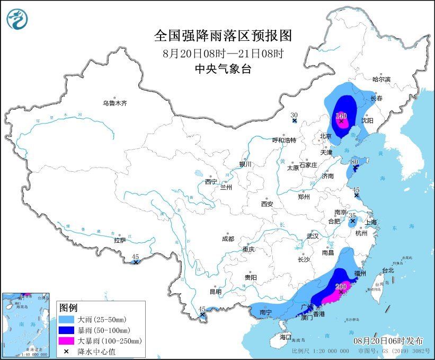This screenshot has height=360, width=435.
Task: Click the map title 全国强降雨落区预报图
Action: (x=223, y=36)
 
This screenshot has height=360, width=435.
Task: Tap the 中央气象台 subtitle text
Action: (x=223, y=68)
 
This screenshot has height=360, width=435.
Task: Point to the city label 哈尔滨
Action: (x=381, y=79)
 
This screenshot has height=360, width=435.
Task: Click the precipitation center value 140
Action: (x=341, y=115)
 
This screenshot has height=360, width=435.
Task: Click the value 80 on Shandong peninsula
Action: (x=356, y=162)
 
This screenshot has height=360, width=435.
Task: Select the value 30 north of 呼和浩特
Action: (x=294, y=115)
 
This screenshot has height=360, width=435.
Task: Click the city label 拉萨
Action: (x=120, y=240)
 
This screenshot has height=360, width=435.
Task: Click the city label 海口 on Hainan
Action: (x=286, y=337)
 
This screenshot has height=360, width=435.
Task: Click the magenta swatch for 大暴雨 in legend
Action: (x=67, y=340)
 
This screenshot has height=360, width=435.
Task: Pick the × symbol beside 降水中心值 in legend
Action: (x=67, y=350)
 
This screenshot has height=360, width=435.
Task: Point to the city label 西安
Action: (x=267, y=204)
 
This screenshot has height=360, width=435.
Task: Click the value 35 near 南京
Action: (x=352, y=215)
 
